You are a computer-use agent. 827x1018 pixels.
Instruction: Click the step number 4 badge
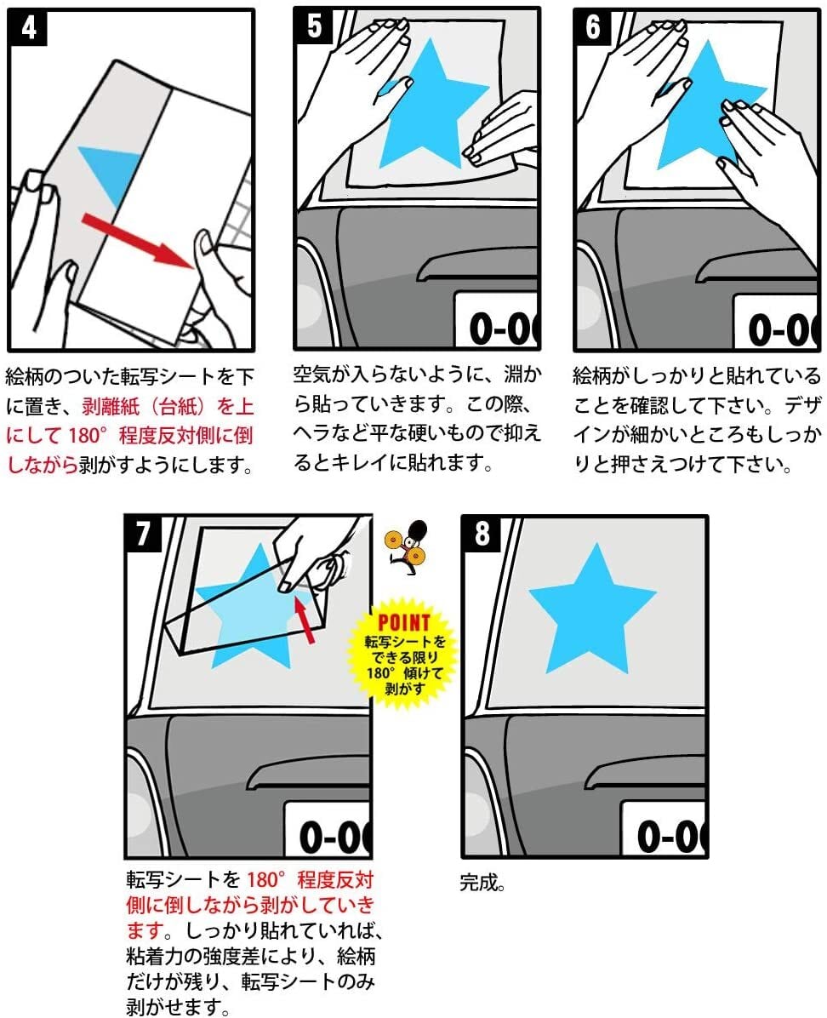(29, 28)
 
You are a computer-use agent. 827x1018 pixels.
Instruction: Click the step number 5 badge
(314, 26)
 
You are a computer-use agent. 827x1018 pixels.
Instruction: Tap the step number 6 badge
(593, 27)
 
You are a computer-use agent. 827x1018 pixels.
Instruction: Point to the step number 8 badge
(482, 534)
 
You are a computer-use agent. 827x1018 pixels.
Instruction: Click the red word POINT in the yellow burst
(404, 622)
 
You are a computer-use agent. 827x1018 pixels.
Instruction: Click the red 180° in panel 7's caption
(266, 880)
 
